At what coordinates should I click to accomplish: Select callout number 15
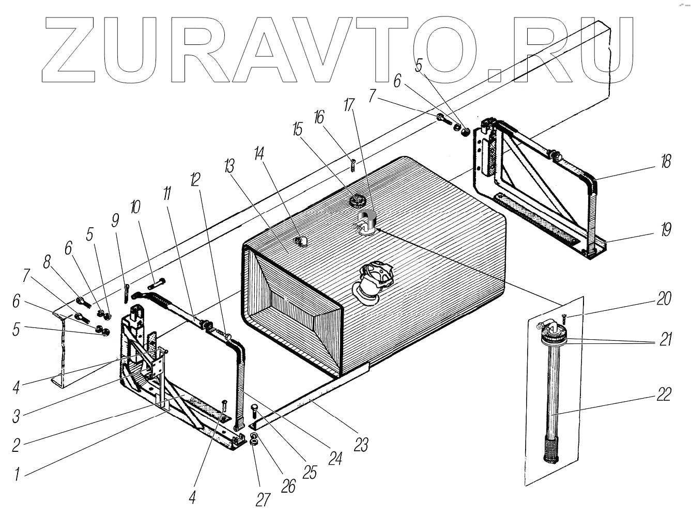click(297, 129)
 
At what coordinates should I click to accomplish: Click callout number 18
click(666, 162)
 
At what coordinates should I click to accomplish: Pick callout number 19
click(666, 229)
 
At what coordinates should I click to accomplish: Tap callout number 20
click(665, 298)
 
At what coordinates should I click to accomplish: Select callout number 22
click(665, 395)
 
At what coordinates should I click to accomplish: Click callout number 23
click(361, 444)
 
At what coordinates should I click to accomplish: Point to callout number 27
click(264, 499)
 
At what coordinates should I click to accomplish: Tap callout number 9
click(115, 220)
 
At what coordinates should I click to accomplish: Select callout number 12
click(194, 179)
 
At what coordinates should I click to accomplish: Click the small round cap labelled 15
click(356, 199)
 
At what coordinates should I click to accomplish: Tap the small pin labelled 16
click(352, 166)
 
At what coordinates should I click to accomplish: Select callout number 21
click(666, 339)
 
